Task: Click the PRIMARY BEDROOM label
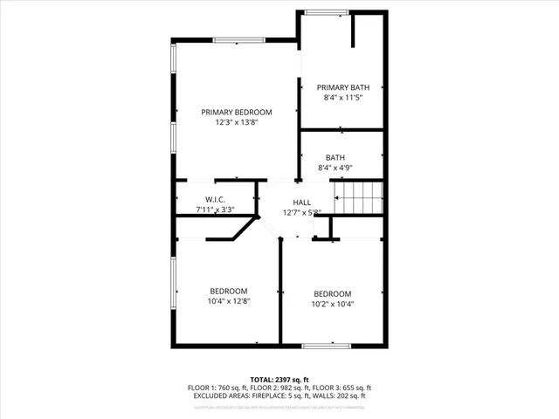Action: (236, 112)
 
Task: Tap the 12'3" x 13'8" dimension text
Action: (236, 123)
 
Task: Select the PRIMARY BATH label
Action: (343, 87)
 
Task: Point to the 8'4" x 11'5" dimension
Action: (343, 98)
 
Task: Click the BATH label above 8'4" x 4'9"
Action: (335, 157)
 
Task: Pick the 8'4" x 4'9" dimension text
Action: (335, 168)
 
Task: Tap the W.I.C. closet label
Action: (216, 200)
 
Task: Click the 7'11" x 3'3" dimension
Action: (216, 210)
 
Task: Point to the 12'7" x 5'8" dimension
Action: (302, 212)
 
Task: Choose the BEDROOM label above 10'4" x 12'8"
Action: (228, 291)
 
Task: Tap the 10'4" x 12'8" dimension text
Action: (228, 301)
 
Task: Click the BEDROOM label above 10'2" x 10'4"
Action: (333, 293)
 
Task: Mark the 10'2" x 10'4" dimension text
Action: (333, 305)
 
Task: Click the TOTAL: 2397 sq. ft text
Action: (279, 380)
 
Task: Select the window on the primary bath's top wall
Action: (327, 11)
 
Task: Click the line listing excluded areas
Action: (279, 395)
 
